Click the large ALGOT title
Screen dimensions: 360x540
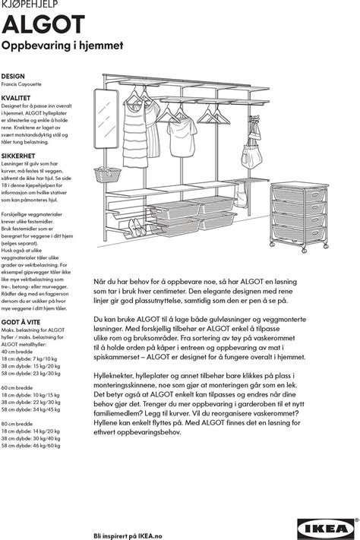(43, 24)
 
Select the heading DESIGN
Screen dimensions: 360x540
(13, 76)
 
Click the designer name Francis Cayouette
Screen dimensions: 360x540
(21, 84)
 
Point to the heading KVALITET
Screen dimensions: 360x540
(16, 98)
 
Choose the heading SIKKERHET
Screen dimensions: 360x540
(18, 156)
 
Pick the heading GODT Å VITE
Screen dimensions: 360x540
(21, 322)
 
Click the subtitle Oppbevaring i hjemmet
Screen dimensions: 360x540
(62, 46)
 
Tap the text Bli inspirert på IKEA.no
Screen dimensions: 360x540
(128, 536)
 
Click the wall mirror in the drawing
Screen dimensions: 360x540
(106, 118)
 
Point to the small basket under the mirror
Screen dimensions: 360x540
(108, 175)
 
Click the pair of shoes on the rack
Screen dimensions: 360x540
(137, 227)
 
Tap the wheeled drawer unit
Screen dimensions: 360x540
(299, 216)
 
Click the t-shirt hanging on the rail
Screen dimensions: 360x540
(182, 136)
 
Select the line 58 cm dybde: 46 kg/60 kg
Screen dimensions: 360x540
(30, 446)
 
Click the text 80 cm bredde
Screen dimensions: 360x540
(17, 424)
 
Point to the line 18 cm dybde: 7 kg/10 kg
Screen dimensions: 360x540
(30, 358)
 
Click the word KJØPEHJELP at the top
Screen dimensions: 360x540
(30, 4)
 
